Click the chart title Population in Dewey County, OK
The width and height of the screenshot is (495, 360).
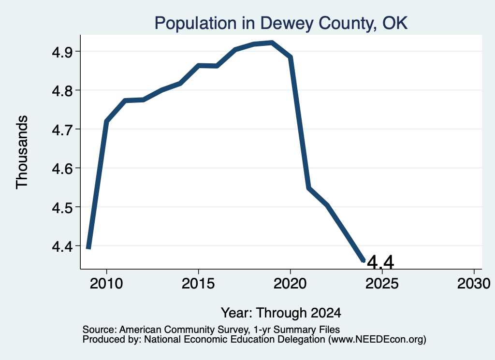pos(281,23)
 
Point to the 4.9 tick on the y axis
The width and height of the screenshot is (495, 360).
pos(62,52)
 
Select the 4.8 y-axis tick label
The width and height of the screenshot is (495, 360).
pos(62,90)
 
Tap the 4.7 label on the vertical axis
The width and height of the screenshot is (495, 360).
pos(62,130)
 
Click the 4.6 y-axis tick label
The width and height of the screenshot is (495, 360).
pos(62,169)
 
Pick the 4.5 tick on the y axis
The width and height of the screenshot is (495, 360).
pos(62,207)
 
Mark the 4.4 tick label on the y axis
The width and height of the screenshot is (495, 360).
pos(62,246)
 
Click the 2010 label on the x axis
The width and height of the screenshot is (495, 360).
pos(106,284)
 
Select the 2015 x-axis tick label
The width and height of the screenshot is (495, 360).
pos(198,284)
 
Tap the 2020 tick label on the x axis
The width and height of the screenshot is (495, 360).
pos(290,284)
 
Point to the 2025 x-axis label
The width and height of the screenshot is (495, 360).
pos(382,284)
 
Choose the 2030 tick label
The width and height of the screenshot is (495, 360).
pos(474,284)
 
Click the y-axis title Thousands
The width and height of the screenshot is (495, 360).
pos(22,152)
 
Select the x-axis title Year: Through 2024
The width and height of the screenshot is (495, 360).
pos(281,313)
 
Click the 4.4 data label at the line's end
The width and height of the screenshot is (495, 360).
pos(381,262)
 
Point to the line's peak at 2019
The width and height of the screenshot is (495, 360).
pos(272,43)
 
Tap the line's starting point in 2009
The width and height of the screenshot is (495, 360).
pos(89,248)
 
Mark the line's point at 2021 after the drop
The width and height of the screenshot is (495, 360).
pos(309,187)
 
